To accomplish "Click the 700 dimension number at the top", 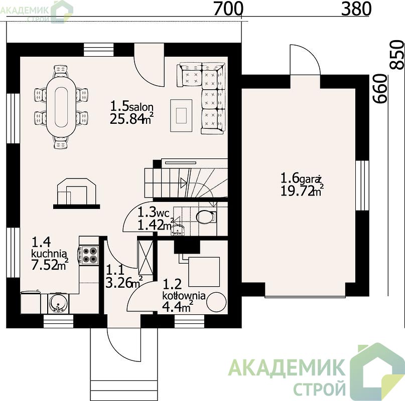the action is click(228, 9).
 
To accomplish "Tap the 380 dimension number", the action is click(356, 9).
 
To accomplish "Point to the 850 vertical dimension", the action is click(397, 55).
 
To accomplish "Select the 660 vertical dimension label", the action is click(380, 89).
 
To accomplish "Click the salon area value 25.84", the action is click(127, 119).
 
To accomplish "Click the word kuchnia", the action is click(49, 254).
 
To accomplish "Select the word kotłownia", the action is click(184, 296).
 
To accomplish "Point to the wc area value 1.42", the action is click(151, 225).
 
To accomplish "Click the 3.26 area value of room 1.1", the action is click(119, 283).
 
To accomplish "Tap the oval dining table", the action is click(61, 107).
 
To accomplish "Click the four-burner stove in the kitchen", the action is click(89, 255).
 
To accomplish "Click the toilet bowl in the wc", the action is click(206, 217).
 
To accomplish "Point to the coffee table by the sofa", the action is click(181, 116).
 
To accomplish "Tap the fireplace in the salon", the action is click(76, 193).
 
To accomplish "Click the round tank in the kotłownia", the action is click(216, 302).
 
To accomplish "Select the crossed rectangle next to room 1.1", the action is click(146, 257).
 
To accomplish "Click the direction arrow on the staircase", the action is click(183, 182).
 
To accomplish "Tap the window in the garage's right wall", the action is click(362, 185).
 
